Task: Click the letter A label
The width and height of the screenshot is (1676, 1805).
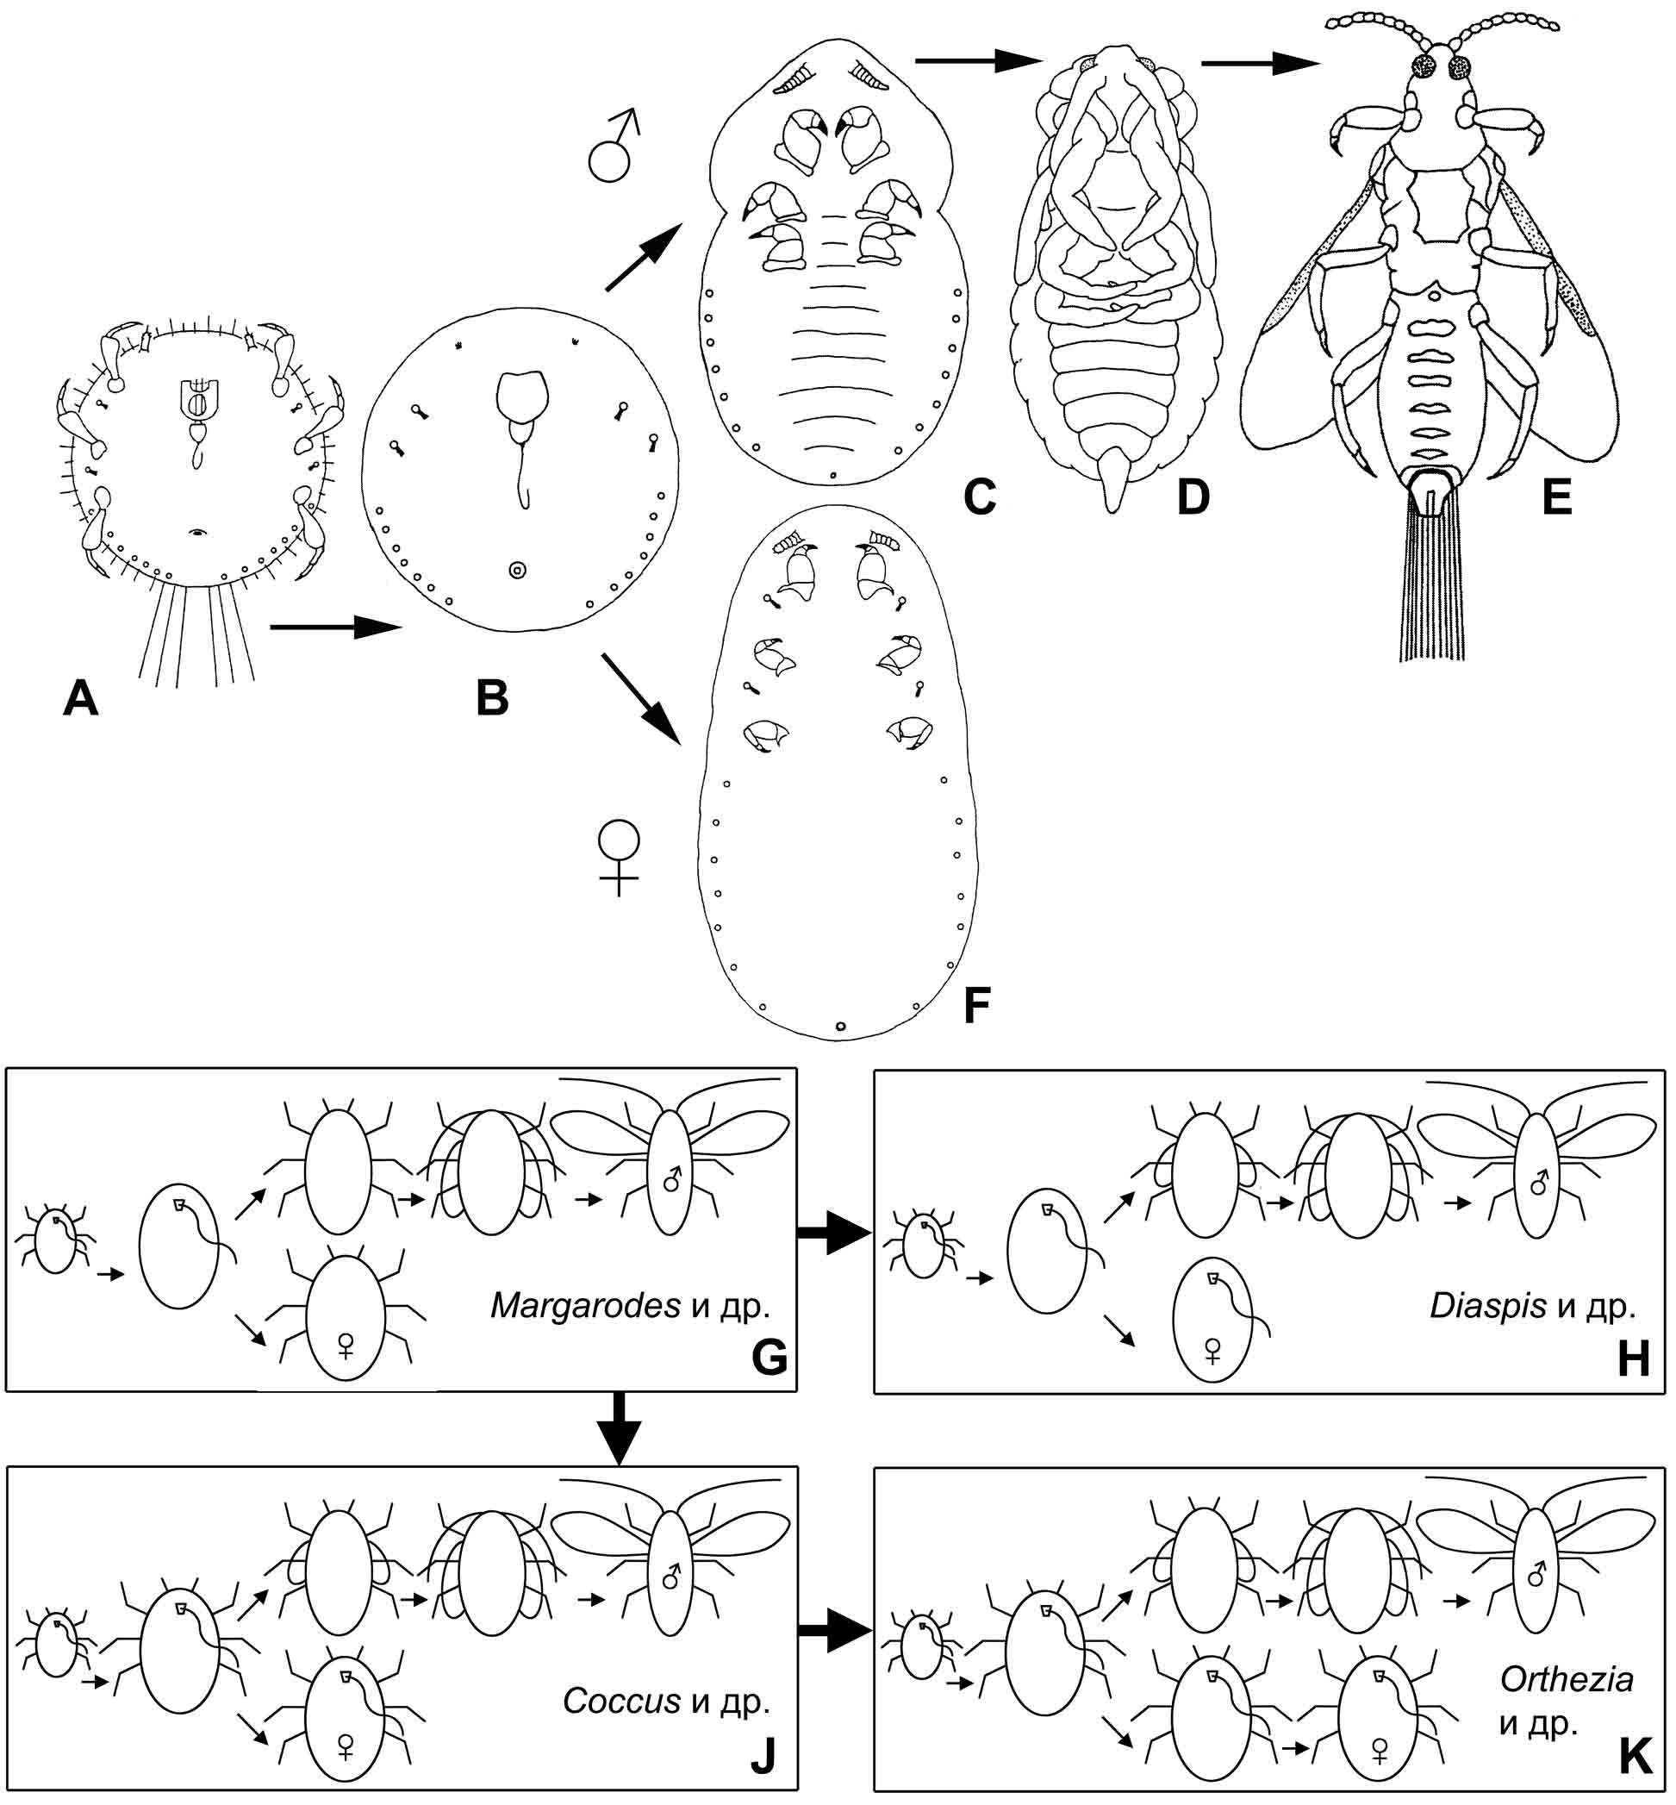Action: point(81,698)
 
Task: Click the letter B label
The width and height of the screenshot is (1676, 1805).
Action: point(493,698)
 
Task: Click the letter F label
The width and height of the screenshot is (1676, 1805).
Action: point(975,1004)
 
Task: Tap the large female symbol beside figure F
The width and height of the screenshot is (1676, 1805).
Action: point(619,856)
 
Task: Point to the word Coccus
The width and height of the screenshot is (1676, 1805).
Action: point(621,1701)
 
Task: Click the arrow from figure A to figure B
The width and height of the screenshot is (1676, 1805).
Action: point(335,626)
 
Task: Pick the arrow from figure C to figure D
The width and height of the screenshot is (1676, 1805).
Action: point(978,61)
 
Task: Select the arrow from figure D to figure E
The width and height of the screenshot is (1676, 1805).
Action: point(1259,64)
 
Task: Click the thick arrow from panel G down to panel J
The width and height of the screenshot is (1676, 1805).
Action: point(620,1427)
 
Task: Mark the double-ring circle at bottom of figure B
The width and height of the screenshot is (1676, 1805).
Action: point(517,571)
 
